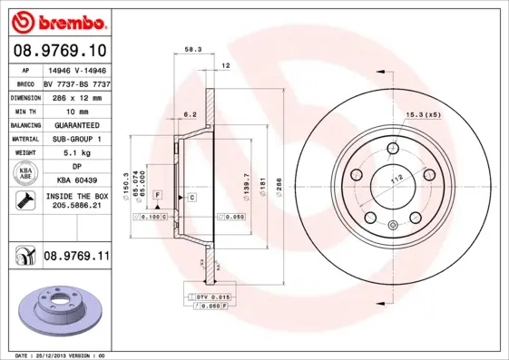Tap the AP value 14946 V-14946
click(76, 70)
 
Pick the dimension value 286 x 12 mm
click(76, 96)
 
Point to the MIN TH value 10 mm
click(76, 110)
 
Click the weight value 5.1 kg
click(76, 152)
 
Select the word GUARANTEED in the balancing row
click(76, 124)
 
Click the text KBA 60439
click(76, 181)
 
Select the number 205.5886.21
click(76, 208)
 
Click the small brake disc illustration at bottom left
click(56, 308)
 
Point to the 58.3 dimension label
click(192, 51)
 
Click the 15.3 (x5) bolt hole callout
click(422, 114)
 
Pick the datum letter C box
click(191, 197)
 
